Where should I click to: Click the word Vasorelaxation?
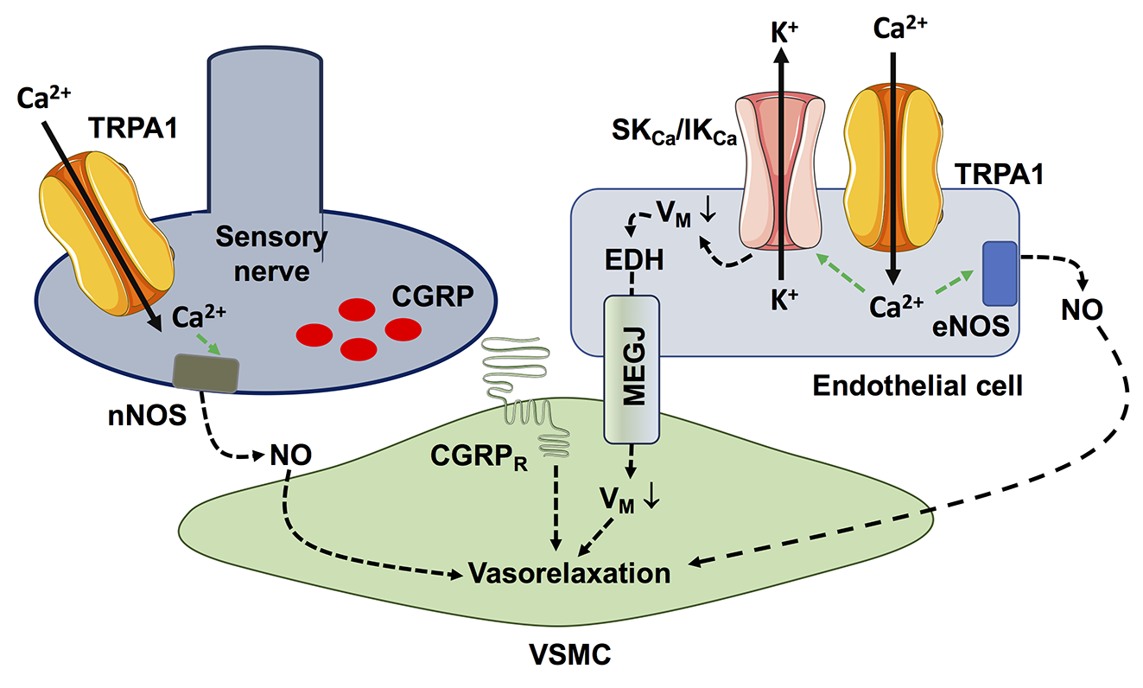point(569,572)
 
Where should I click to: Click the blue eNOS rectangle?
point(1000,273)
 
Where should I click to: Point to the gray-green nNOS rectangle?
point(206,371)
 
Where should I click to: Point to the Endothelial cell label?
point(918,385)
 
